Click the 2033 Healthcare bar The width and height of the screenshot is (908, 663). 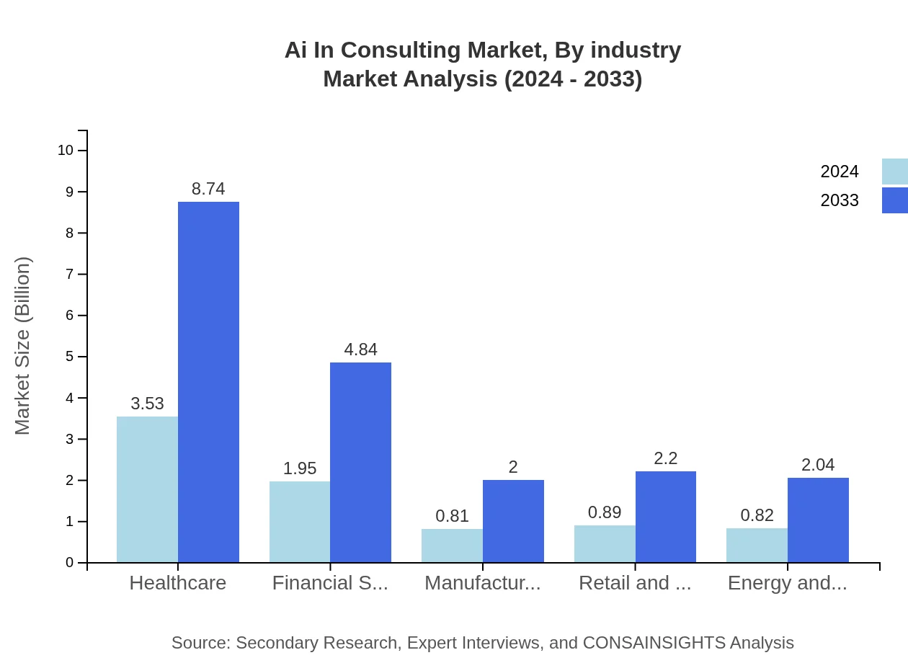point(208,382)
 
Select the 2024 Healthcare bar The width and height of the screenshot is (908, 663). point(147,489)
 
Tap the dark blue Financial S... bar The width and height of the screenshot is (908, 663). point(360,462)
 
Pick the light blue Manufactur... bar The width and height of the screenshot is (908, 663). point(452,546)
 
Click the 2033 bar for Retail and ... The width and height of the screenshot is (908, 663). point(666,517)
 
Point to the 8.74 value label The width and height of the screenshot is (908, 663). point(208,189)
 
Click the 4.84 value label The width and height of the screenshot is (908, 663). point(360,350)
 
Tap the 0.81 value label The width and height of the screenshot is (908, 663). point(452,516)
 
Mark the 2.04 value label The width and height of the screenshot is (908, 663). point(818,465)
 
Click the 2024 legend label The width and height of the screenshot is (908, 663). point(840,172)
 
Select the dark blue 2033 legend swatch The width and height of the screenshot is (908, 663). point(894,200)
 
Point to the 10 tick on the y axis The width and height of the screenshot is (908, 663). point(66,151)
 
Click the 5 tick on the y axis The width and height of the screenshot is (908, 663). point(70,357)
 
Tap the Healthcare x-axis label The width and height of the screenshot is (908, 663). point(177,583)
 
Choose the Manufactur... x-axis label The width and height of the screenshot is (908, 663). point(482,583)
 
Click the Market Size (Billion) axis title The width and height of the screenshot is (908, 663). point(23,346)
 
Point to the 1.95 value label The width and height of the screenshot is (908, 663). point(300,468)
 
